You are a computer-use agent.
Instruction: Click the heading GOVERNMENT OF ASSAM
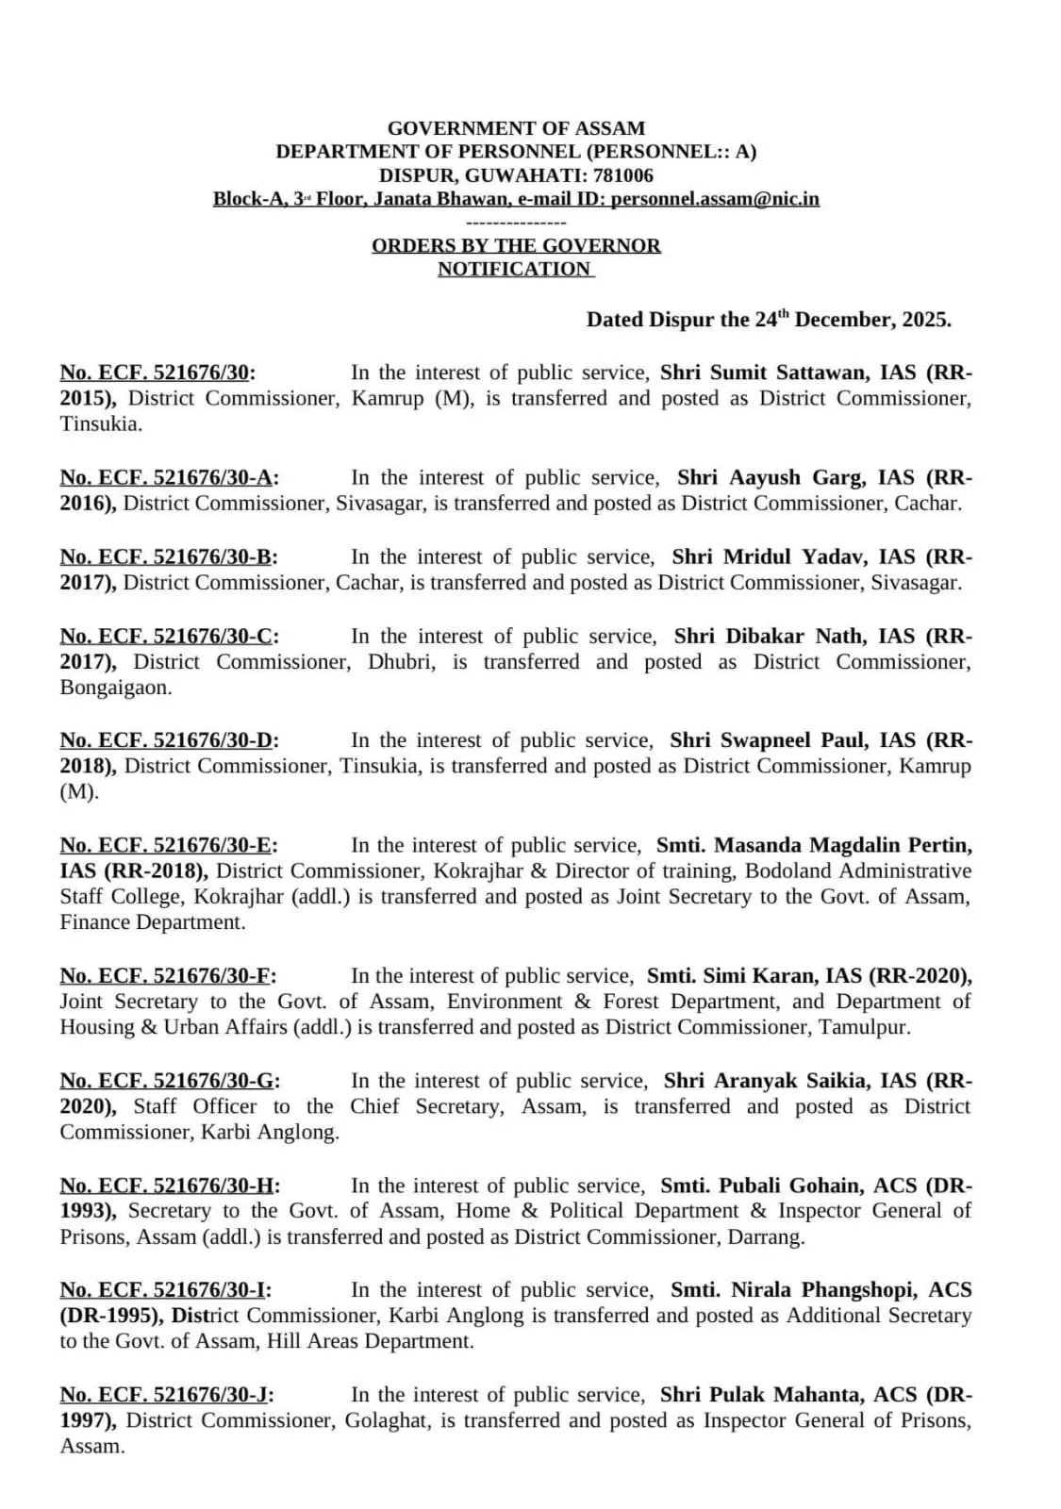coord(516,128)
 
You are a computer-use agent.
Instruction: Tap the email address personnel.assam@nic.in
coord(715,199)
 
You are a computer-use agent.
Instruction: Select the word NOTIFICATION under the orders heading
coord(514,269)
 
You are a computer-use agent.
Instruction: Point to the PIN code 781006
coord(623,175)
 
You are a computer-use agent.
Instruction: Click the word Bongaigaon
coord(116,688)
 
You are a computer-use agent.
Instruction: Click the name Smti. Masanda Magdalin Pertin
coord(814,845)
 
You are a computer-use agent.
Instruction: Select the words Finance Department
coord(152,922)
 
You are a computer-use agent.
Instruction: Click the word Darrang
coord(765,1237)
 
